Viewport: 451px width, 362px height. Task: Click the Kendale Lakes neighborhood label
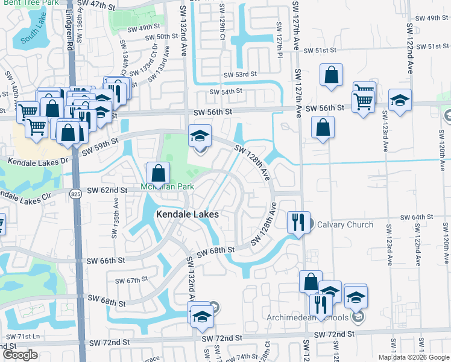pos(187,214)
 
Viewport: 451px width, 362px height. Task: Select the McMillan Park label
pos(168,186)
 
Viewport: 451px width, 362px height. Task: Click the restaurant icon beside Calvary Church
pos(298,222)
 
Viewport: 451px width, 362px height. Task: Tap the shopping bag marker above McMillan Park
pos(158,174)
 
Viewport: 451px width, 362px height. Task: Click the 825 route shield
pos(74,194)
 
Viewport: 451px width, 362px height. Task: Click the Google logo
pos(20,355)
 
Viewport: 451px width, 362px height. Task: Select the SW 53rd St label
pos(240,74)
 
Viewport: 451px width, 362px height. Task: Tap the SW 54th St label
pos(225,92)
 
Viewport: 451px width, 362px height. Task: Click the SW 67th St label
pos(133,280)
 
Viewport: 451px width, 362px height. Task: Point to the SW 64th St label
pos(417,217)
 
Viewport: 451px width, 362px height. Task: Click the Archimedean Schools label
pos(308,318)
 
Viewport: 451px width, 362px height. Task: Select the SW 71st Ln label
pos(22,335)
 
